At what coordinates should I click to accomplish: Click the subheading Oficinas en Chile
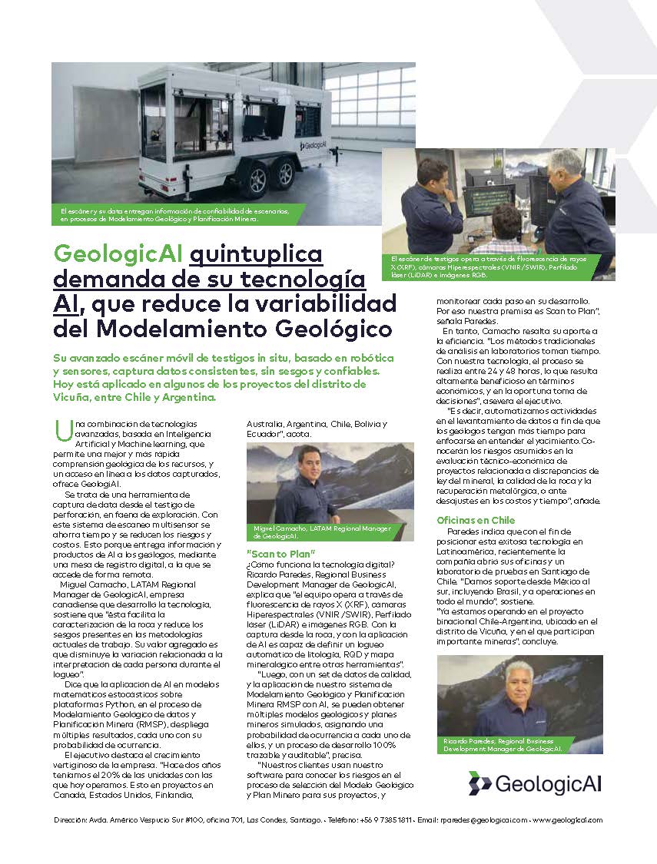pos(476,520)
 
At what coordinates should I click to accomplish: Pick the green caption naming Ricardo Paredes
pos(503,744)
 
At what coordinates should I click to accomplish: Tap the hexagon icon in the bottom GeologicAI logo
pos(479,783)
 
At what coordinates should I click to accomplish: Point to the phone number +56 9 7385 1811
pos(386,820)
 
